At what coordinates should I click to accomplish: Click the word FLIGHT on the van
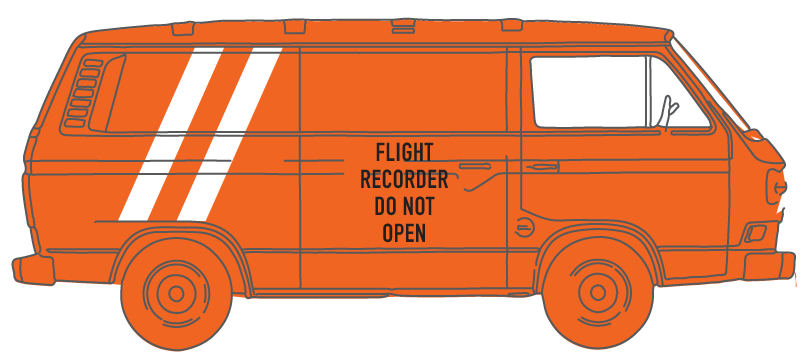tap(404, 152)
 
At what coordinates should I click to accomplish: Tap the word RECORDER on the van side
tap(404, 179)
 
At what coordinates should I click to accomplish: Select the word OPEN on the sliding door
tap(404, 233)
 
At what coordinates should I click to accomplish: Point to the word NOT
tap(416, 206)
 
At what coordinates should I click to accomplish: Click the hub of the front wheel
tap(597, 293)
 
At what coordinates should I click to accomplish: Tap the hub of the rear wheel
tap(176, 294)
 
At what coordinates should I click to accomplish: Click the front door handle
tap(542, 167)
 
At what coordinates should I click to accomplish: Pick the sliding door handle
tap(474, 166)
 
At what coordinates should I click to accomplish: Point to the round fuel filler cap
tap(523, 227)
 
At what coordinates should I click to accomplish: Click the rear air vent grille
tap(83, 94)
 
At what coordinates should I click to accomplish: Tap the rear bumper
tap(33, 270)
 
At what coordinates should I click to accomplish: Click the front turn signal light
tap(756, 233)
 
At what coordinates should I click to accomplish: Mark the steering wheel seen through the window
tap(669, 110)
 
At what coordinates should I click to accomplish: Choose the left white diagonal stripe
tap(171, 134)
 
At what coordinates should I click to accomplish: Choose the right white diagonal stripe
tap(230, 134)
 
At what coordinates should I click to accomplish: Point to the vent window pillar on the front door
tap(648, 91)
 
